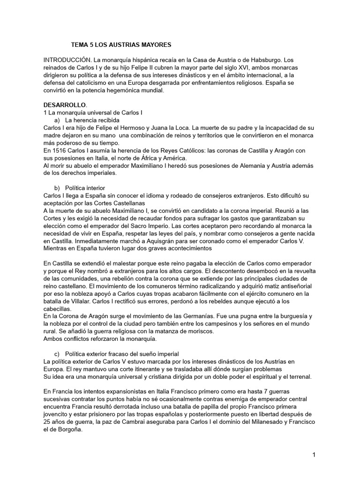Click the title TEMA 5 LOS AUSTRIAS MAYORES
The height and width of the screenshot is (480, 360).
(121, 45)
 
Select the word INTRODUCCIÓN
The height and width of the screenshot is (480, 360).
(66, 61)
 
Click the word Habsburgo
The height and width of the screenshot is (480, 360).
(261, 61)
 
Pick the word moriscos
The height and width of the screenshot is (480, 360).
(199, 331)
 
